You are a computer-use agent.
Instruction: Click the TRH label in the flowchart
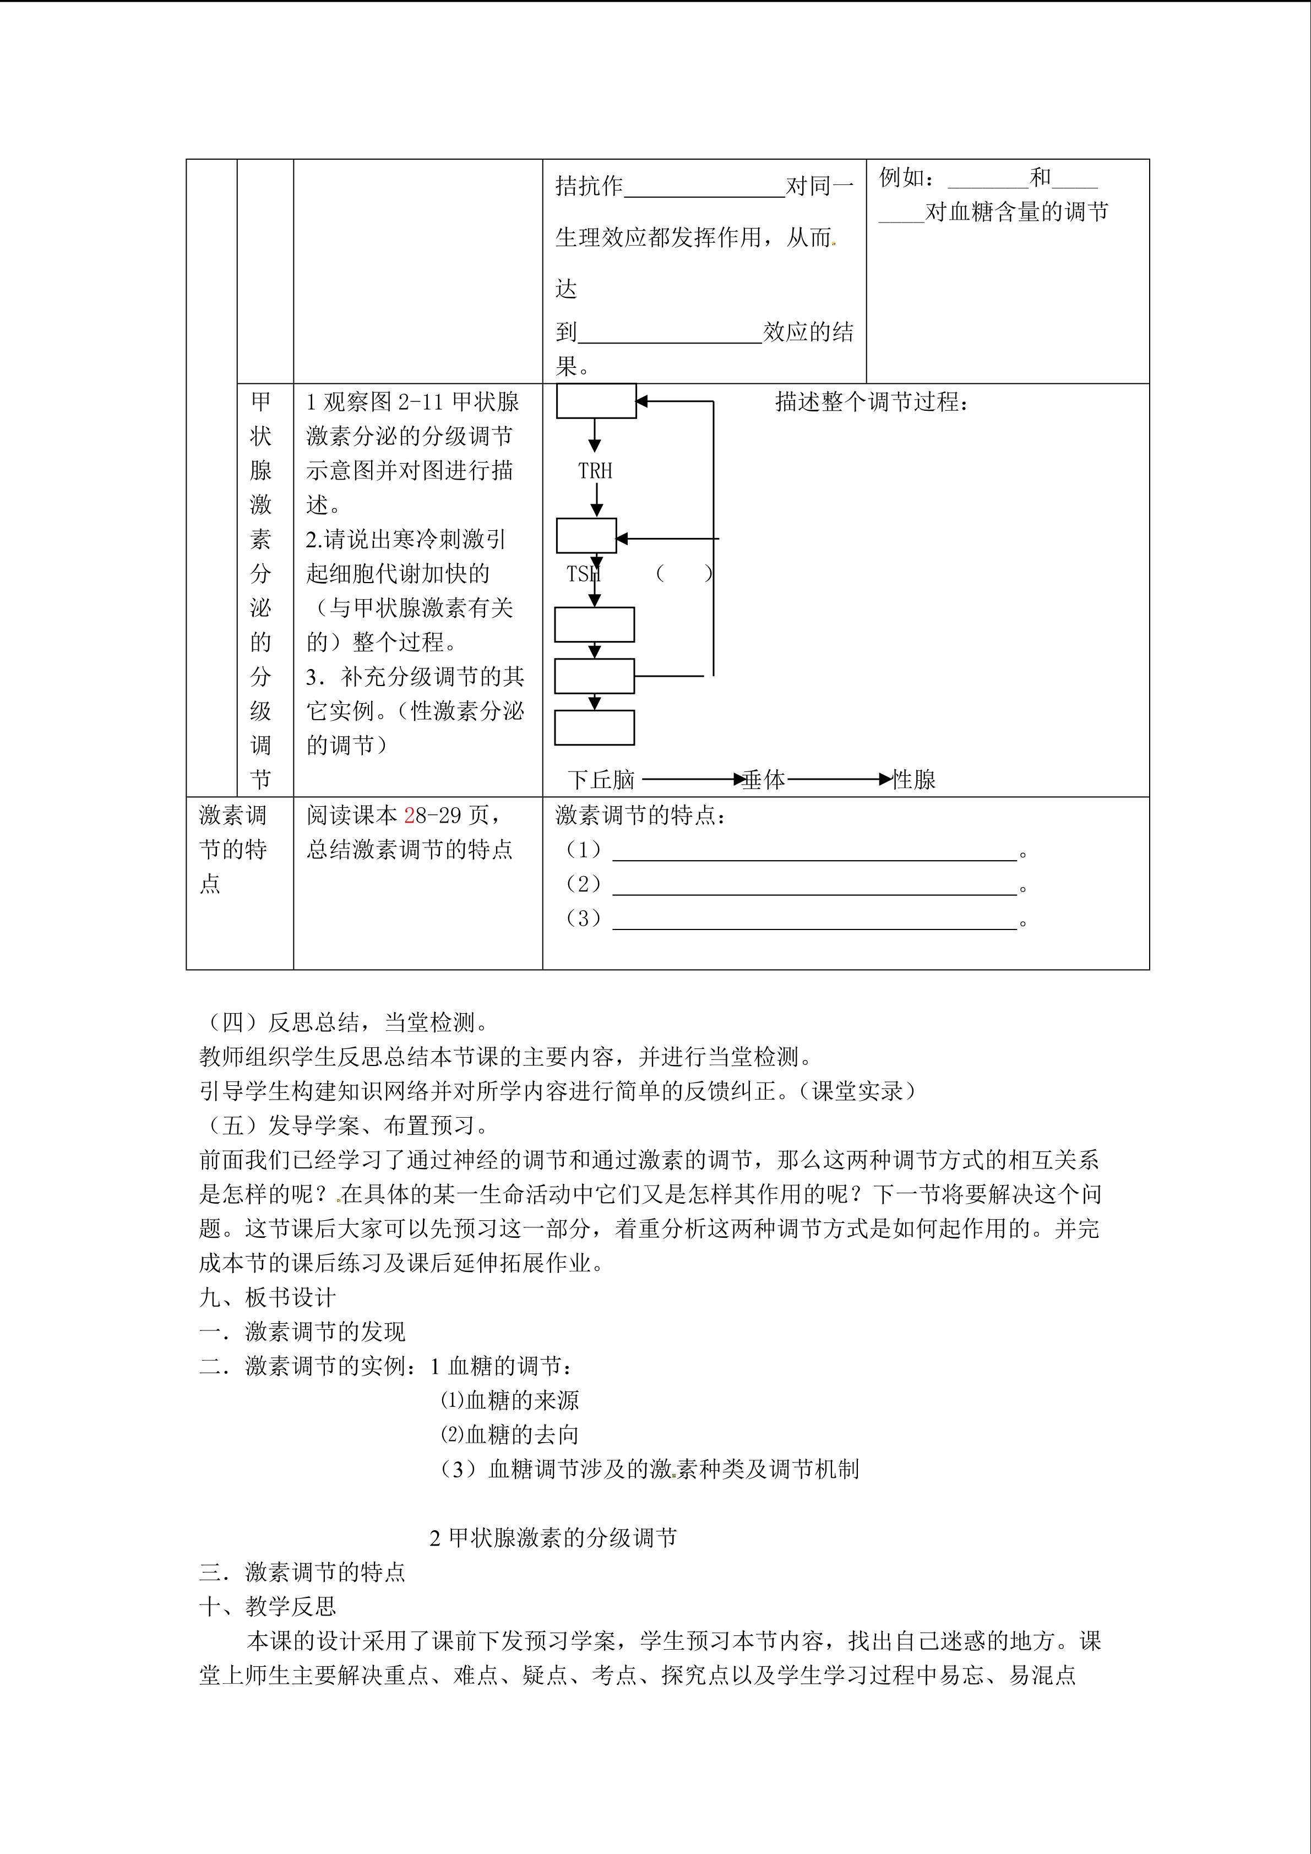(x=595, y=471)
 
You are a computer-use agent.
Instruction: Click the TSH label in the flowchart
(x=583, y=574)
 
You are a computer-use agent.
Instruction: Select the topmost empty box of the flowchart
(x=596, y=401)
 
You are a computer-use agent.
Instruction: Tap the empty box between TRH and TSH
(x=586, y=535)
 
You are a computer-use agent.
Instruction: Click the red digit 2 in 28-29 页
(x=409, y=815)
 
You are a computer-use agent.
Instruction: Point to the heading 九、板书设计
(x=267, y=1298)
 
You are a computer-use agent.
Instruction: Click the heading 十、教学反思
(x=267, y=1607)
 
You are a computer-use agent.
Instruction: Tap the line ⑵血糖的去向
(x=509, y=1435)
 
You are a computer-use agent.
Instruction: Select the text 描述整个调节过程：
(x=872, y=401)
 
